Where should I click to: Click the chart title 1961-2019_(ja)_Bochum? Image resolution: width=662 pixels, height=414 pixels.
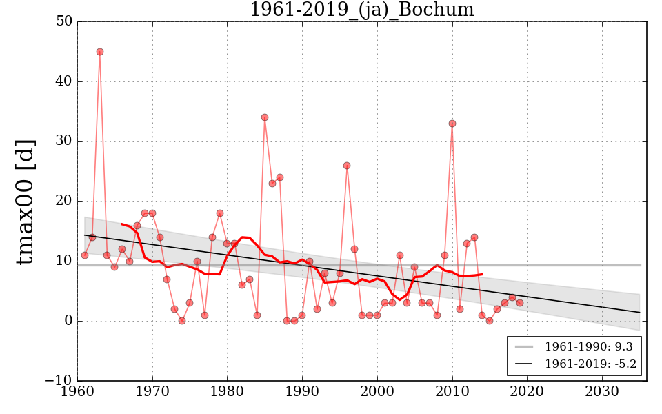point(361,10)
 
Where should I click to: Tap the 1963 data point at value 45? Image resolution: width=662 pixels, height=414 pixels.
point(100,52)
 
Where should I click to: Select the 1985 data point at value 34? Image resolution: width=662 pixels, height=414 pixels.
point(265,117)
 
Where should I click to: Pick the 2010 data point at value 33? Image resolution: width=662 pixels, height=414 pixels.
point(452,124)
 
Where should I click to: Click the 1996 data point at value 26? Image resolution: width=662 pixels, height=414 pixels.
point(347,166)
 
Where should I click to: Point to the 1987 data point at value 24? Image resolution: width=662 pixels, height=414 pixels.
point(280,177)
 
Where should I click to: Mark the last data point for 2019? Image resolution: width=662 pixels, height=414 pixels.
point(520,303)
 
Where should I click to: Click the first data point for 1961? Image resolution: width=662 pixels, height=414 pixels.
point(85,255)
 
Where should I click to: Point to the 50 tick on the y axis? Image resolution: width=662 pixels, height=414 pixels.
point(64,21)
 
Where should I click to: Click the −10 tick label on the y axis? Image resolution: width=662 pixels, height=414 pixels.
point(59,381)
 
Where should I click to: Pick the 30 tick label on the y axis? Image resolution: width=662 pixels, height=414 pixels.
point(64,141)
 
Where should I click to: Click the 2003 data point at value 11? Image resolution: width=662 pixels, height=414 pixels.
point(400,255)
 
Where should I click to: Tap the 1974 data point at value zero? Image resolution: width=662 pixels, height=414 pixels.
point(182,321)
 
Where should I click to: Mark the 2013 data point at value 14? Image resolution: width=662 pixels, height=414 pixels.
point(474,237)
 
